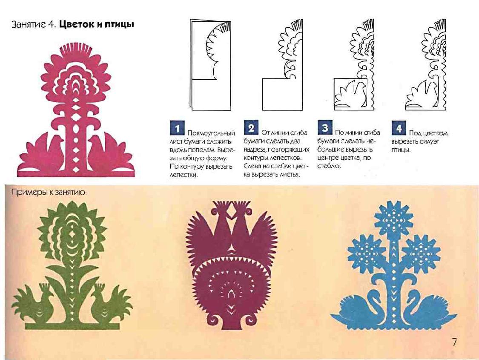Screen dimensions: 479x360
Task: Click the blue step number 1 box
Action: coord(177,128)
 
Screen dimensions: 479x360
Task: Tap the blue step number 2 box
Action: coord(251,128)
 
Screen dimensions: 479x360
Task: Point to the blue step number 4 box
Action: coord(399,128)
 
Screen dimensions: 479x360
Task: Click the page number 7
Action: coord(454,342)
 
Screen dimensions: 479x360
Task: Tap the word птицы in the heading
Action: coord(120,25)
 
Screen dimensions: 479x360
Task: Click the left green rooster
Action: coord(34,302)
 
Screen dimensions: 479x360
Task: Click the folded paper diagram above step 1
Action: coord(210,65)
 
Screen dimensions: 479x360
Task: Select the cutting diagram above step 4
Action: coord(425,65)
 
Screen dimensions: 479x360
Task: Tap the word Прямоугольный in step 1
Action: coord(211,133)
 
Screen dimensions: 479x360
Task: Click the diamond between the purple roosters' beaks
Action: coord(233,211)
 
